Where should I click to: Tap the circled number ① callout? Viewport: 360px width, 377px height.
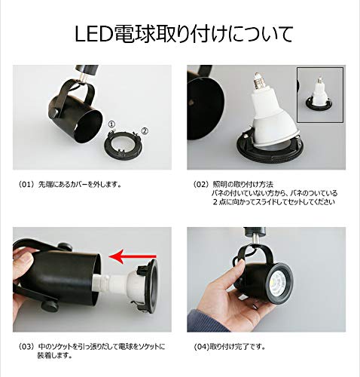pyautogui.click(x=111, y=124)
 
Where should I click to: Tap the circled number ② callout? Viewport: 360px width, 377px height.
pyautogui.click(x=145, y=130)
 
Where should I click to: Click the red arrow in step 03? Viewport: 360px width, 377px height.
pyautogui.click(x=133, y=256)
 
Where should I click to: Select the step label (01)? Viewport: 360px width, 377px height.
pyautogui.click(x=26, y=185)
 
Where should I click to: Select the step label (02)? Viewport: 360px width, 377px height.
pyautogui.click(x=200, y=185)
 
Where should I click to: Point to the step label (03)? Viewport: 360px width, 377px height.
pyautogui.click(x=26, y=347)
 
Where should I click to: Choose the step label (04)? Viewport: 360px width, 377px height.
pyautogui.click(x=202, y=347)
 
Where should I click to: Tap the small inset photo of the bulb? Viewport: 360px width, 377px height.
pyautogui.click(x=320, y=95)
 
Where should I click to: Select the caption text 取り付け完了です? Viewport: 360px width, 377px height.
pyautogui.click(x=238, y=347)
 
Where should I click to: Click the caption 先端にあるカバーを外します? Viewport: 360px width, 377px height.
pyautogui.click(x=80, y=185)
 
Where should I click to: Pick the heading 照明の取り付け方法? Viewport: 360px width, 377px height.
pyautogui.click(x=243, y=185)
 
